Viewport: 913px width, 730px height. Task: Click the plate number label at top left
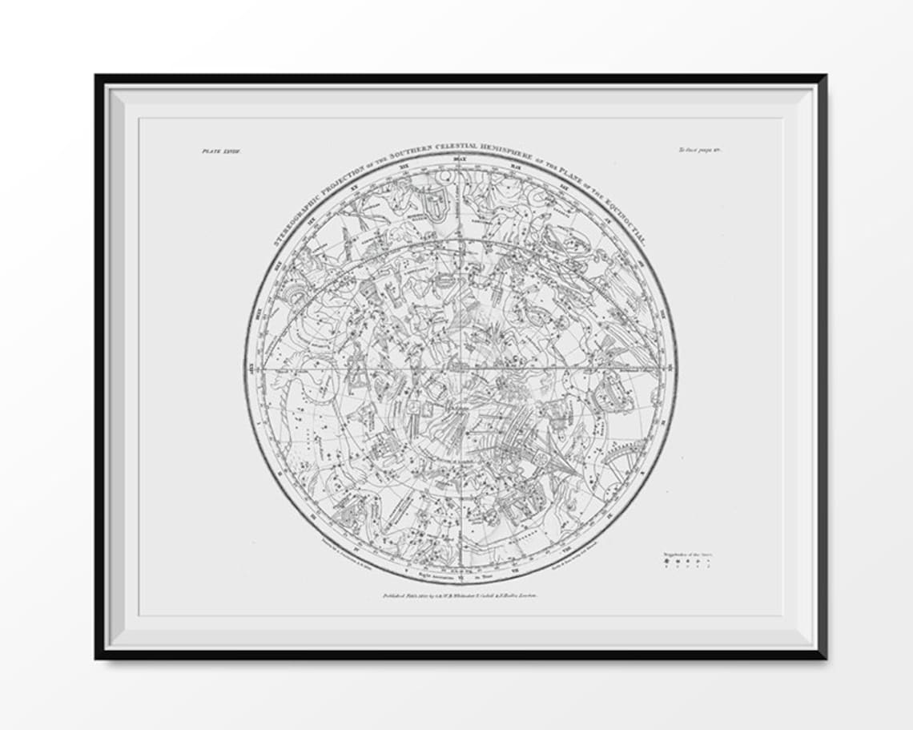tap(215, 150)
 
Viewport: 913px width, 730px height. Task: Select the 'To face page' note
tap(700, 150)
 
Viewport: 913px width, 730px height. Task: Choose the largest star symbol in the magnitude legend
tap(664, 563)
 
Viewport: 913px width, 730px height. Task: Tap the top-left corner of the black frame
tap(97, 76)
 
